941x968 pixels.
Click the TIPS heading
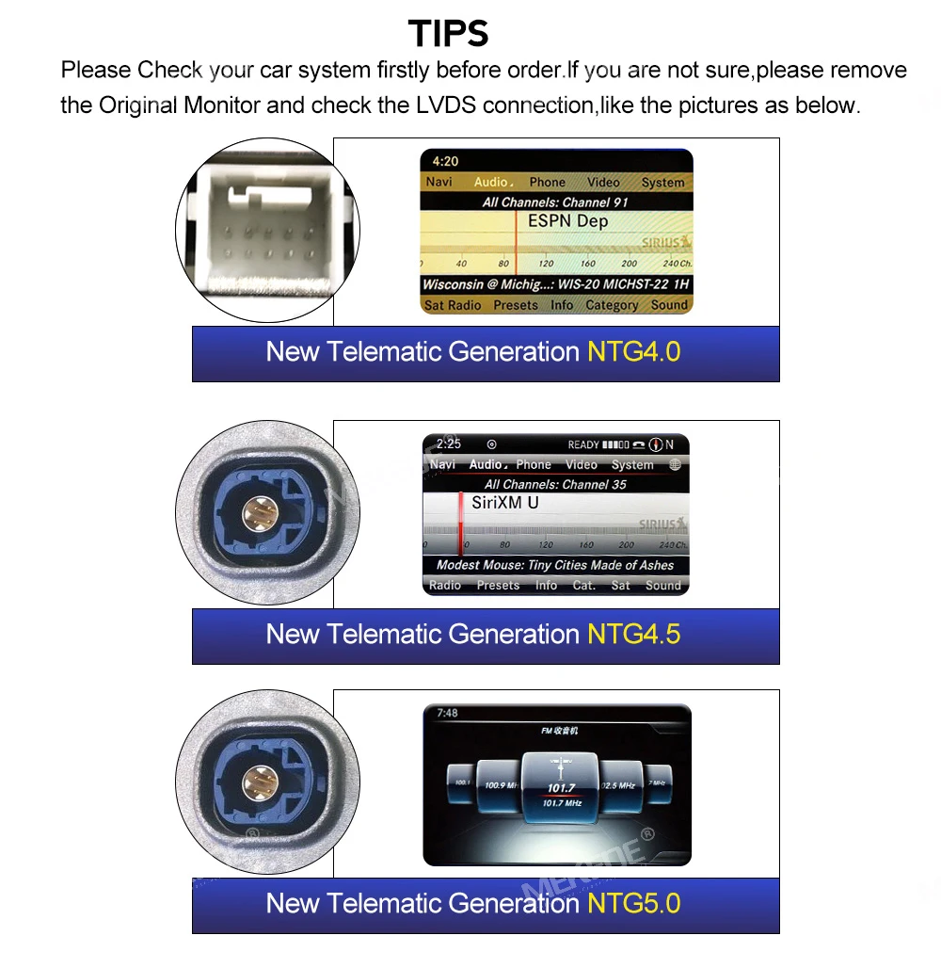[x=449, y=34]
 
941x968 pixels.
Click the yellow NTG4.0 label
[x=633, y=352]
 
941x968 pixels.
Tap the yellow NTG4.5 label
[x=633, y=634]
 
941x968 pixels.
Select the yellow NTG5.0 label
[x=633, y=904]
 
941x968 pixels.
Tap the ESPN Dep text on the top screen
[x=567, y=221]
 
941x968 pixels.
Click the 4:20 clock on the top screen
[x=446, y=161]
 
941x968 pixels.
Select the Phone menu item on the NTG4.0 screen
[x=547, y=183]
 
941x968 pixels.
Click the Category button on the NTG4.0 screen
[x=612, y=305]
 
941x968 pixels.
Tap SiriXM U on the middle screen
[x=505, y=503]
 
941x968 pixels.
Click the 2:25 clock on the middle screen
[x=449, y=444]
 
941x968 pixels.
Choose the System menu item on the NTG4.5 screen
[x=632, y=464]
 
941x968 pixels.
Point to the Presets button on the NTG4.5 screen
[x=498, y=585]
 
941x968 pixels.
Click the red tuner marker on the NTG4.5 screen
[x=461, y=523]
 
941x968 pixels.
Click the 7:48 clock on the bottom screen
[x=448, y=713]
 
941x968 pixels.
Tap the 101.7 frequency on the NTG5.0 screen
[x=561, y=788]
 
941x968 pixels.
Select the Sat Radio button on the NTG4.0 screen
[x=453, y=305]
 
